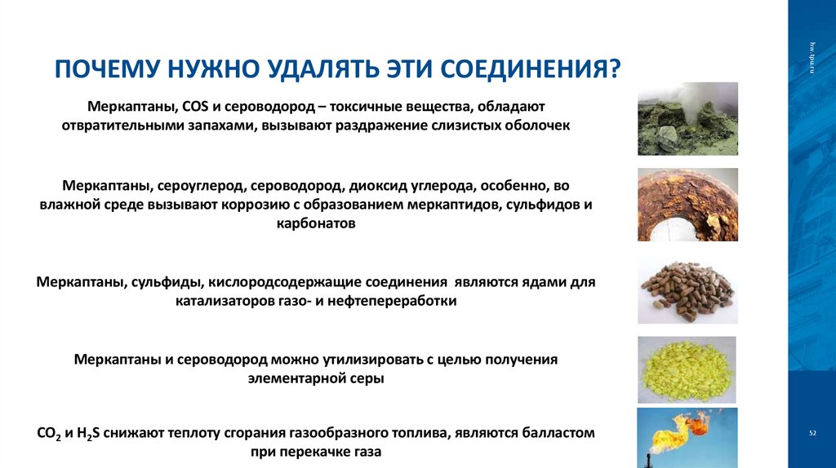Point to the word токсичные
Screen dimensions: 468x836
point(374,107)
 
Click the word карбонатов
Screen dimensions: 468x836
point(316,223)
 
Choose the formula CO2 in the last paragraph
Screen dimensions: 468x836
point(51,434)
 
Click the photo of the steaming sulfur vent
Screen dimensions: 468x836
point(687,118)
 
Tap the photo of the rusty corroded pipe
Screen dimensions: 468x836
point(687,204)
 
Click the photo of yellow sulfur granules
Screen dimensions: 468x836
point(687,369)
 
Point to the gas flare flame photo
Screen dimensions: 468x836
point(687,437)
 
